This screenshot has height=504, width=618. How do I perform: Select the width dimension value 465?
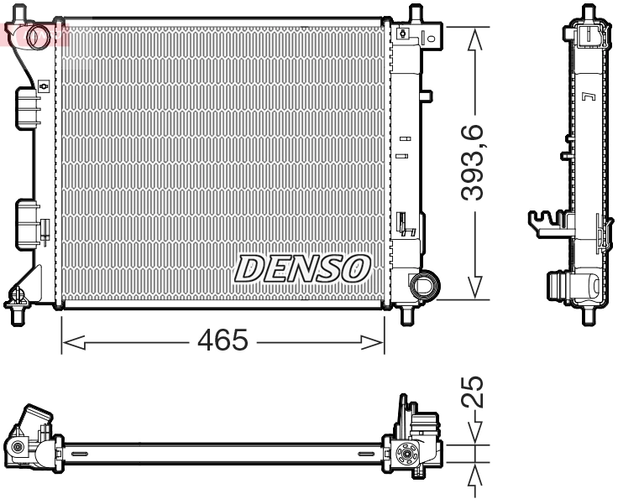223,341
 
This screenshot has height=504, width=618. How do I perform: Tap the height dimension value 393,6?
476,163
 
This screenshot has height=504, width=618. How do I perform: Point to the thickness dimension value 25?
475,392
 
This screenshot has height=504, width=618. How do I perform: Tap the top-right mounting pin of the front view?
414,15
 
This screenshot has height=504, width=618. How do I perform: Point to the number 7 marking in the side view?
588,97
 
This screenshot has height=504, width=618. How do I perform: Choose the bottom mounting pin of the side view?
589,315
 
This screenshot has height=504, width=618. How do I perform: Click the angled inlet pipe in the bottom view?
35,419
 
